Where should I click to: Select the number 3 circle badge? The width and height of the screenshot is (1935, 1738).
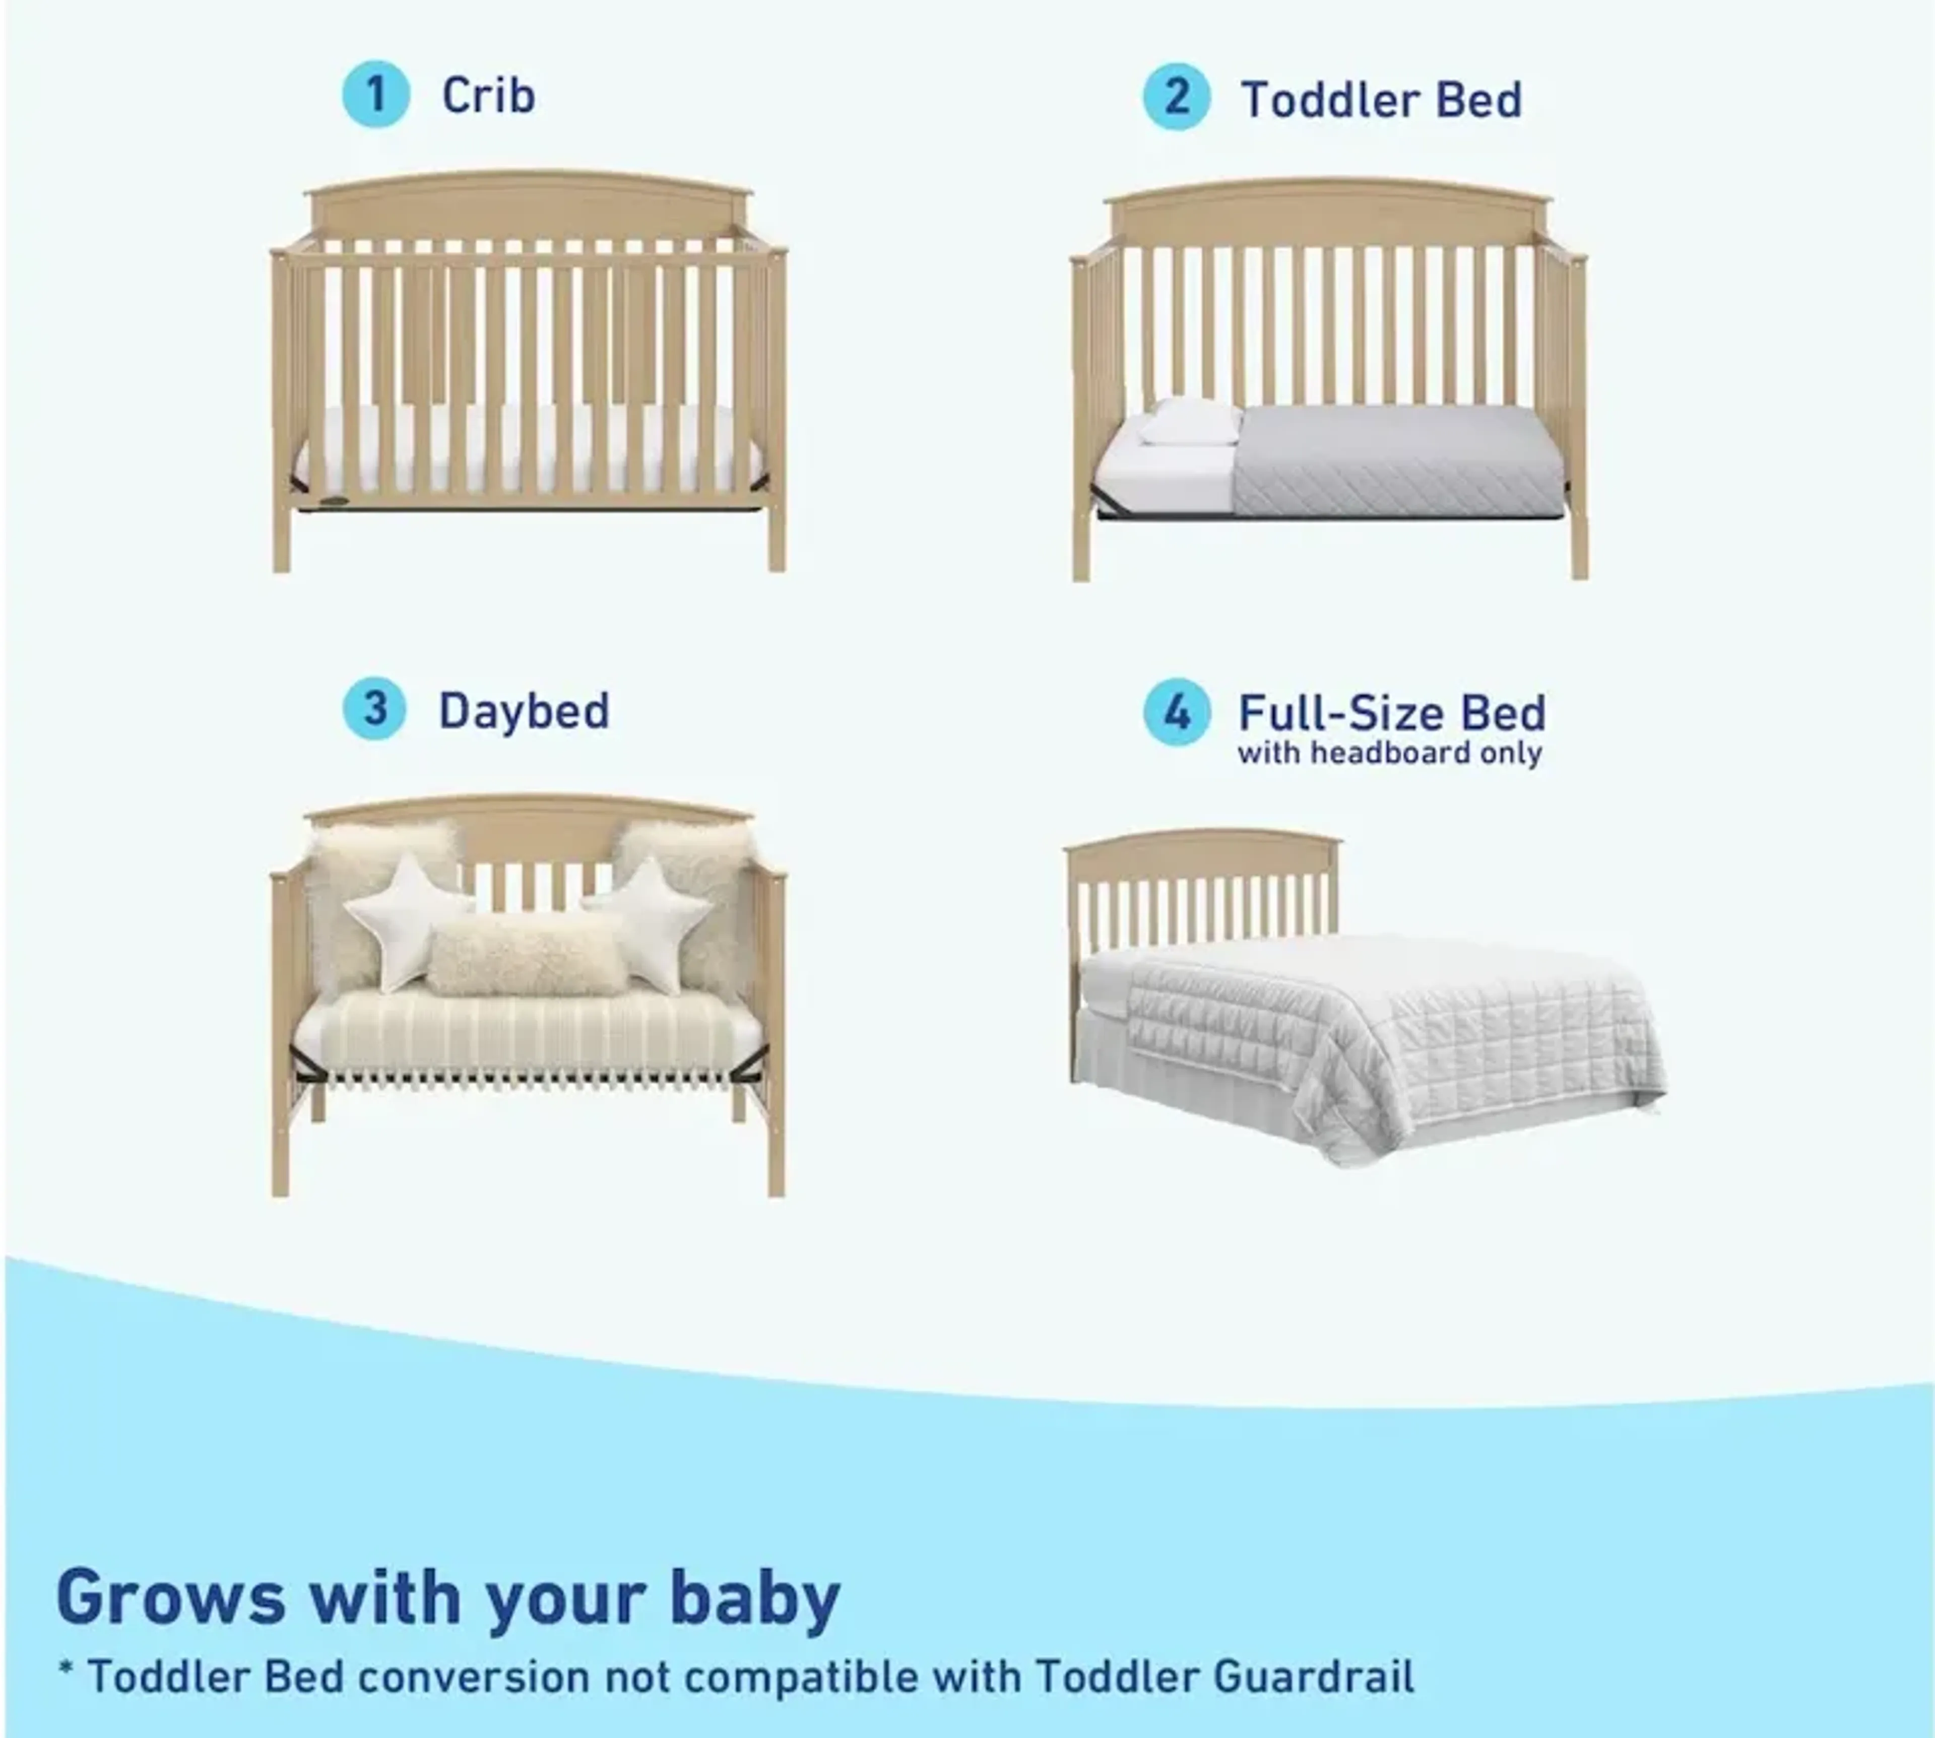374,709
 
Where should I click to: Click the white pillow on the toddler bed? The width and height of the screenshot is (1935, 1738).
1189,422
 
